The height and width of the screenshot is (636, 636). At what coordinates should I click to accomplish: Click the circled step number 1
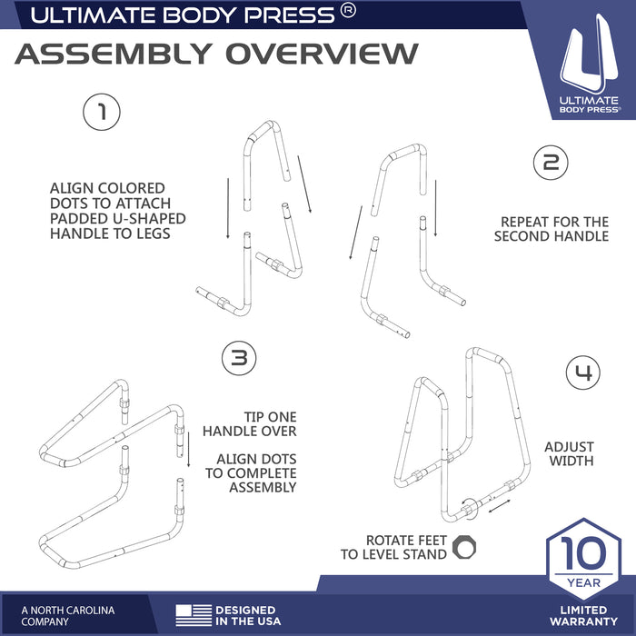pos(102,113)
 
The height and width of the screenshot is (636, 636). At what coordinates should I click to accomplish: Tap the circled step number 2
pos(550,164)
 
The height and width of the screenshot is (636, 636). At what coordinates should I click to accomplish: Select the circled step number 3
pos(239,358)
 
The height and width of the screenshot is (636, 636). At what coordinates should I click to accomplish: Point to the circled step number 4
pos(583,373)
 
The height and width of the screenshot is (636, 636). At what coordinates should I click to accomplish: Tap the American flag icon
pos(193,615)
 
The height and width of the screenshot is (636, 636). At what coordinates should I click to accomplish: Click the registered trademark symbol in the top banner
pos(348,12)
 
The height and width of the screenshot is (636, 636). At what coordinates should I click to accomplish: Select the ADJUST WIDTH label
pos(569,454)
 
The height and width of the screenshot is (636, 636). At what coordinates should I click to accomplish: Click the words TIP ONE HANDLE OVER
pos(249,424)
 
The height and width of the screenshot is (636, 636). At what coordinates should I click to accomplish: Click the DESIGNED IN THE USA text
pos(245,616)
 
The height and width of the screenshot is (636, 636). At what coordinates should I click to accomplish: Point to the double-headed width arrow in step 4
pos(500,506)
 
